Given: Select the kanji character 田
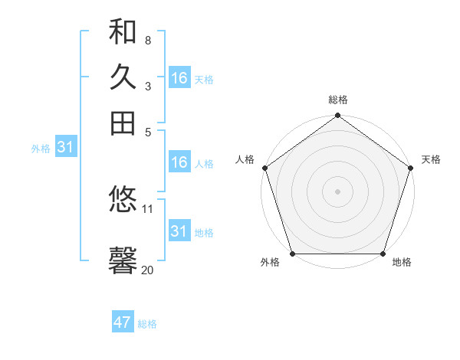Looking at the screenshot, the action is (x=123, y=122).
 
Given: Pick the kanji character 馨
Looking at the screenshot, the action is (x=123, y=260).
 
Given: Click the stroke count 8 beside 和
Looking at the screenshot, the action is (x=147, y=40).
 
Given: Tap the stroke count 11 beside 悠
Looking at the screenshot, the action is (x=148, y=208).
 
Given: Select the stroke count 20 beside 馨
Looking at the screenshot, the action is (x=148, y=270).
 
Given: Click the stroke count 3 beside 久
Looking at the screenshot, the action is (x=147, y=86).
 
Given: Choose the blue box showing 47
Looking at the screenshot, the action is (x=123, y=322).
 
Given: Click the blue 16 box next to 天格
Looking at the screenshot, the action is (x=179, y=77).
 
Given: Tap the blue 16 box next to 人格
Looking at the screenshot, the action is (x=179, y=162).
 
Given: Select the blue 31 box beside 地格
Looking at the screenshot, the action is (x=179, y=231).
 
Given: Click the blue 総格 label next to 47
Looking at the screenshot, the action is (x=147, y=324).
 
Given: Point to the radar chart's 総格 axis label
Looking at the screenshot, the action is (x=338, y=100).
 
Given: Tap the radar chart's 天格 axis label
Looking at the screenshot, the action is (x=431, y=159).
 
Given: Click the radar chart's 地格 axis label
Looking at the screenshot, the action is (x=402, y=263).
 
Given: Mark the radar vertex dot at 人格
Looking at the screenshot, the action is (x=265, y=168).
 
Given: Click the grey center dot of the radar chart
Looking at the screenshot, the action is (x=338, y=191).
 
